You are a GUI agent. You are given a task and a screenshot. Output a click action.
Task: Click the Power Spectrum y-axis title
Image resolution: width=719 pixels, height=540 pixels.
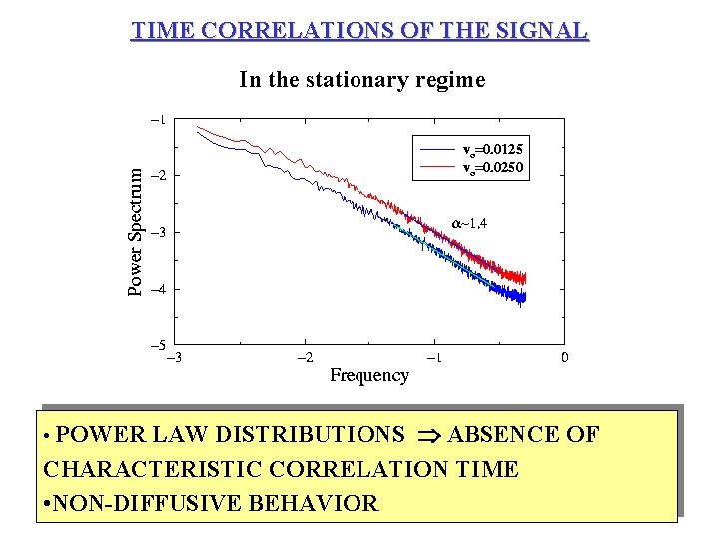tap(136, 230)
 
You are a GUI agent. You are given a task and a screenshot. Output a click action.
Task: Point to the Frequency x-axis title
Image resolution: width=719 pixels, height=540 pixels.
tap(369, 375)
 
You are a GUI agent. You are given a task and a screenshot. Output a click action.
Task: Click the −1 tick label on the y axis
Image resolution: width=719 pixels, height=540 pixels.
tap(158, 119)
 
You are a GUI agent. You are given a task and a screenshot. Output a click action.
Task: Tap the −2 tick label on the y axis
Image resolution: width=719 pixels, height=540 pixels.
tap(158, 175)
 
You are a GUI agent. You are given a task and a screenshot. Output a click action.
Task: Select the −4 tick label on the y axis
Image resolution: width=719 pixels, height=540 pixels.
tap(158, 289)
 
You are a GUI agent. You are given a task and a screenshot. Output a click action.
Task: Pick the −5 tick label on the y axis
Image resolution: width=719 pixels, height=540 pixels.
tap(158, 345)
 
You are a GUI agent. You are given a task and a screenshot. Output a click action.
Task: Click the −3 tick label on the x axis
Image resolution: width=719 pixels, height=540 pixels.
tap(173, 357)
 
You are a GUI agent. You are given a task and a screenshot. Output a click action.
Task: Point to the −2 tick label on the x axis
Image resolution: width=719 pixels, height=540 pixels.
tap(305, 357)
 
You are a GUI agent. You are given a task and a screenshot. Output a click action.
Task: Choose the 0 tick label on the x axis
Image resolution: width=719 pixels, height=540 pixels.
tap(565, 357)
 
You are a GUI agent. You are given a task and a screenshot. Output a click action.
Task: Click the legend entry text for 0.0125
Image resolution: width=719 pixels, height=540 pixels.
tap(493, 150)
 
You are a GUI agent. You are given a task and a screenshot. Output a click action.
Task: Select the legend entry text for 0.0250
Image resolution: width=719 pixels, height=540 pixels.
tap(493, 167)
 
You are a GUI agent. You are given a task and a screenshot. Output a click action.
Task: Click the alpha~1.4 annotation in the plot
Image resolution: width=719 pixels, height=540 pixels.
tap(470, 222)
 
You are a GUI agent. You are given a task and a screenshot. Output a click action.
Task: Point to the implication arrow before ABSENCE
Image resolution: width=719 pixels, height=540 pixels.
tap(427, 435)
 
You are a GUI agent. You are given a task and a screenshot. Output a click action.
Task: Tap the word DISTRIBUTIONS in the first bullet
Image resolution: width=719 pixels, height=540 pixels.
tap(311, 434)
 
